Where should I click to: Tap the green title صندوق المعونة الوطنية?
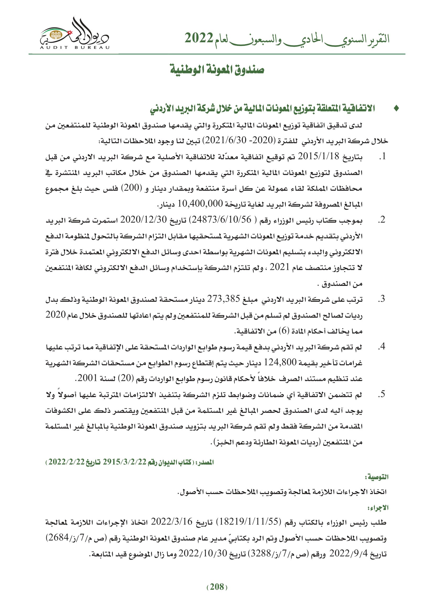[217, 70]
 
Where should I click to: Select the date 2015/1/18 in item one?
[318, 156]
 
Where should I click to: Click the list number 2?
[382, 220]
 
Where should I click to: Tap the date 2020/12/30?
[144, 220]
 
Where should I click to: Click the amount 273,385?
[225, 299]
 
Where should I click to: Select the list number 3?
[382, 299]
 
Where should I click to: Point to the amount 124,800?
[280, 363]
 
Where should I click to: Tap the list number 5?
[382, 394]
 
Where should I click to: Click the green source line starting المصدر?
[130, 462]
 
